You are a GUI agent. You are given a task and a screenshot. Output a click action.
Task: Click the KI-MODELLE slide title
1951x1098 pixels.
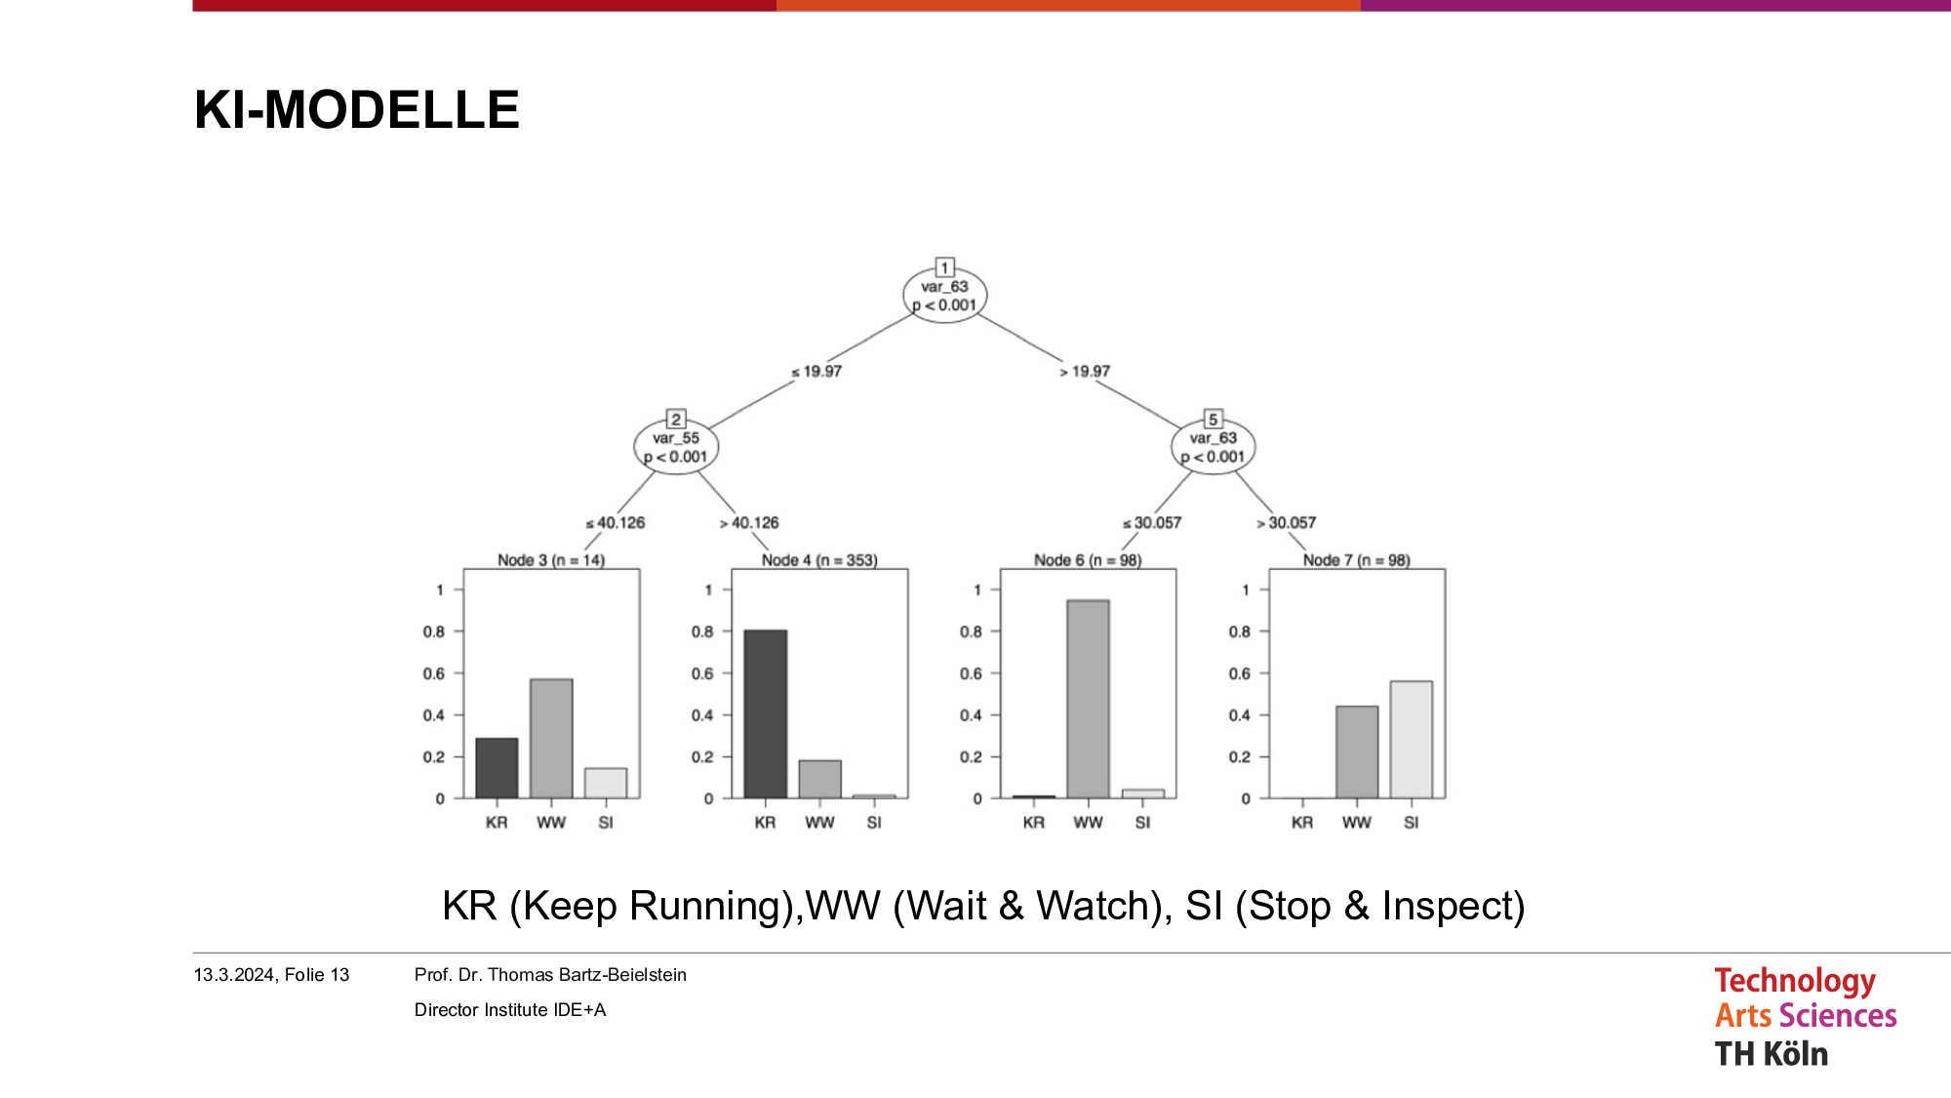357,109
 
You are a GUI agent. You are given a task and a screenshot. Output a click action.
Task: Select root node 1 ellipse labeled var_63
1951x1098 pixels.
944,295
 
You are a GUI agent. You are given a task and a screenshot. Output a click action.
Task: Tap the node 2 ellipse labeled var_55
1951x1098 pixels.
676,447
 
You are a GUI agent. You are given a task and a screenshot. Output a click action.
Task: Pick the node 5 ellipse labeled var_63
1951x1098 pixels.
1213,447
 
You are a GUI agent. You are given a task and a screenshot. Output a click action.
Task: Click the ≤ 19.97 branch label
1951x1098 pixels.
816,372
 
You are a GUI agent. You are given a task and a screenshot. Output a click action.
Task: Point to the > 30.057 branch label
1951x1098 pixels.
1286,523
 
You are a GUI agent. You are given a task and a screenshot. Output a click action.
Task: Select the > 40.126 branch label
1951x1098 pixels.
749,523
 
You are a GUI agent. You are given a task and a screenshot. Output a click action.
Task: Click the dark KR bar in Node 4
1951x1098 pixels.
766,714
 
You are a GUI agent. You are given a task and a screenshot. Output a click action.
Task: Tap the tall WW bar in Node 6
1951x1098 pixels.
1088,700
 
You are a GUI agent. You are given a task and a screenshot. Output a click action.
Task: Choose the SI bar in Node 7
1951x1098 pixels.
1412,740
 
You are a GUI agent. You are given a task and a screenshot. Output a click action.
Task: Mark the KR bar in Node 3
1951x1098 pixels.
497,768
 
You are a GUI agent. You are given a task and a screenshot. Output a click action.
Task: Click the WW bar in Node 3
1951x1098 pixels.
551,739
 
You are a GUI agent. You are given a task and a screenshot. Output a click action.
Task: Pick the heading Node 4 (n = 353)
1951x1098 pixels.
819,560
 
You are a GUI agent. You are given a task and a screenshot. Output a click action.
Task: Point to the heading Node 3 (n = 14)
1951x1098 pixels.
551,560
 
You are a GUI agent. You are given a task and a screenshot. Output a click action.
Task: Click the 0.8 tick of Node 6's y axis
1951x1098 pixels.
971,631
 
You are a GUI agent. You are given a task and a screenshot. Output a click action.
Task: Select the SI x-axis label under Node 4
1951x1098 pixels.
874,823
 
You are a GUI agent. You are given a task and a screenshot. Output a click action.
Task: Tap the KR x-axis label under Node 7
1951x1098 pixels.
1302,823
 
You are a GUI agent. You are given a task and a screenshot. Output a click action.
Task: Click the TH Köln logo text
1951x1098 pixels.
1772,1054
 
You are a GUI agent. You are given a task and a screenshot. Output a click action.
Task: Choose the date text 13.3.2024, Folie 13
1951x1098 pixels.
271,975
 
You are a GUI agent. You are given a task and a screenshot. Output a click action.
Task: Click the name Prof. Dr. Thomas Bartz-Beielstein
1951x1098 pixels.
550,975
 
